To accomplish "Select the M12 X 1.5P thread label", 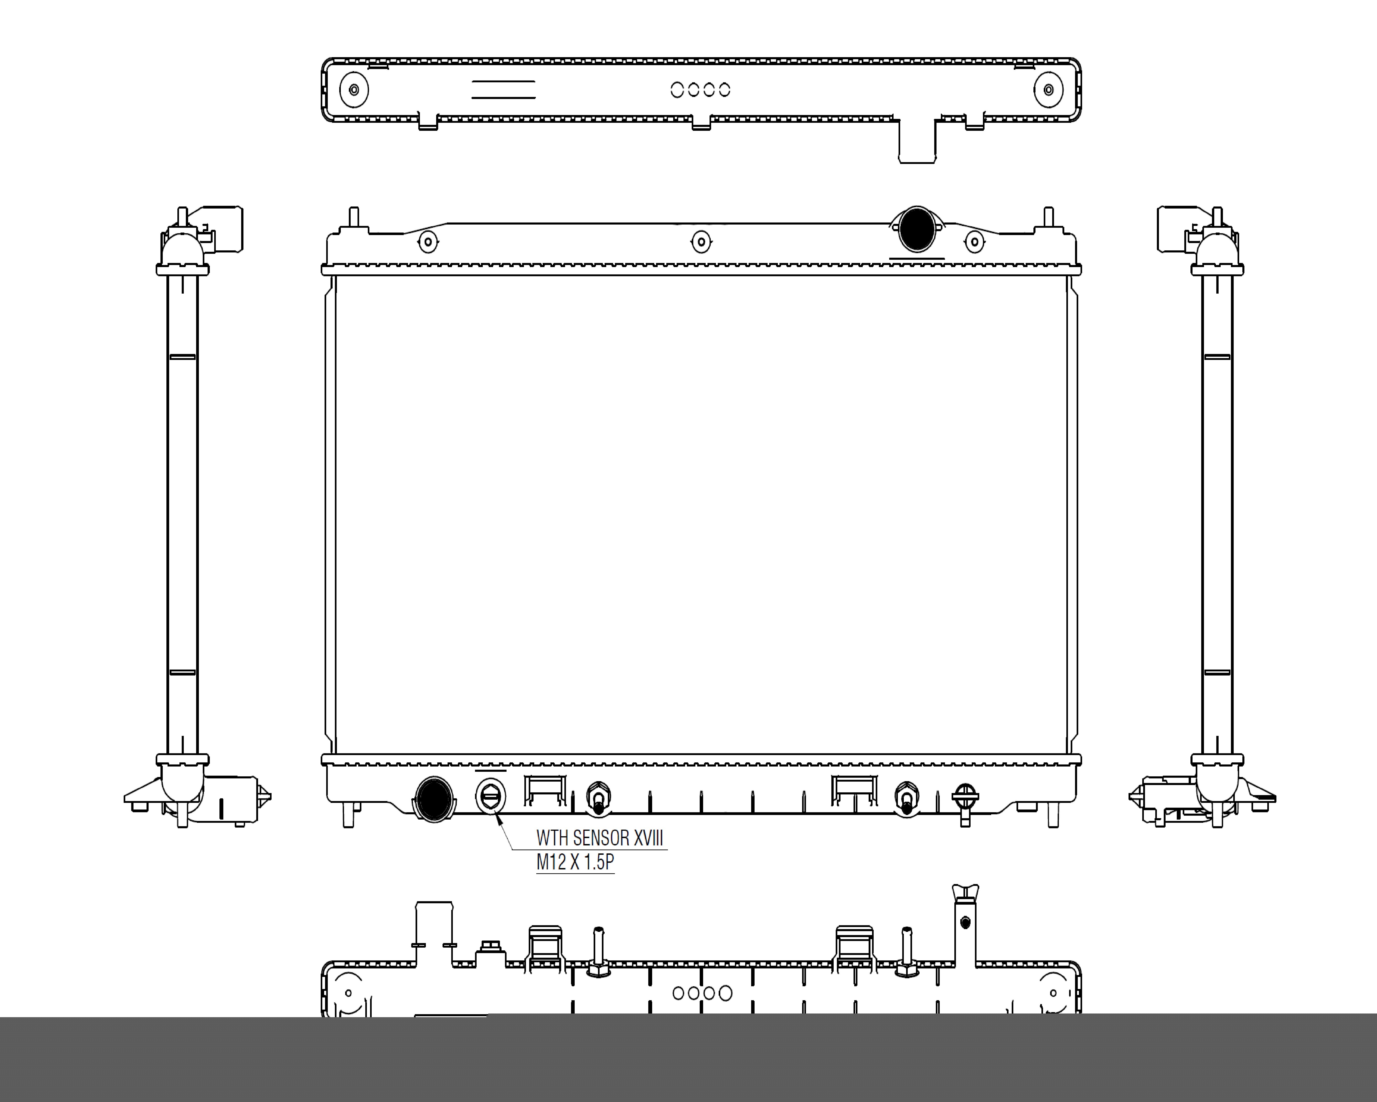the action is coord(575,862).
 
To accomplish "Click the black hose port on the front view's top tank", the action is coord(916,229).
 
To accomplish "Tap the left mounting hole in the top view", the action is coord(354,89).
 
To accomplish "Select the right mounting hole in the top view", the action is coord(1048,89).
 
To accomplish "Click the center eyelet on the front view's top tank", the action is coord(701,241).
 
